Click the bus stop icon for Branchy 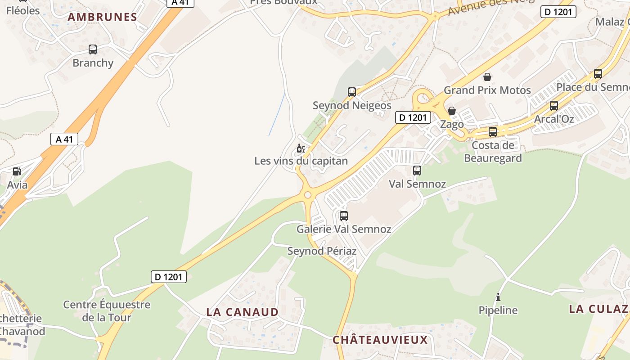pyautogui.click(x=93, y=49)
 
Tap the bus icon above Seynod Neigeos pyautogui.click(x=352, y=92)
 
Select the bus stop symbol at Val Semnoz pyautogui.click(x=417, y=171)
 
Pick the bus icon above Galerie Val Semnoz pyautogui.click(x=344, y=216)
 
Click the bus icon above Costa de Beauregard pyautogui.click(x=493, y=132)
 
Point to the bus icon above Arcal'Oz pyautogui.click(x=554, y=106)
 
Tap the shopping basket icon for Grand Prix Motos pyautogui.click(x=487, y=77)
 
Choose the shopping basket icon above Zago pyautogui.click(x=452, y=111)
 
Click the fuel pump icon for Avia pyautogui.click(x=17, y=171)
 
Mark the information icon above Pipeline pyautogui.click(x=498, y=297)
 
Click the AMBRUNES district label pyautogui.click(x=102, y=17)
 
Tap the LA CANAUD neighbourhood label pyautogui.click(x=243, y=312)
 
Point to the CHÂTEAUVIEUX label pyautogui.click(x=380, y=340)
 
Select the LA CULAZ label pyautogui.click(x=598, y=309)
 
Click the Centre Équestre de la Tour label pyautogui.click(x=107, y=311)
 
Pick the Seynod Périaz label pyautogui.click(x=322, y=251)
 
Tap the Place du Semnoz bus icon pyautogui.click(x=598, y=74)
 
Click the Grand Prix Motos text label pyautogui.click(x=487, y=90)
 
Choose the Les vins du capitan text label pyautogui.click(x=301, y=161)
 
